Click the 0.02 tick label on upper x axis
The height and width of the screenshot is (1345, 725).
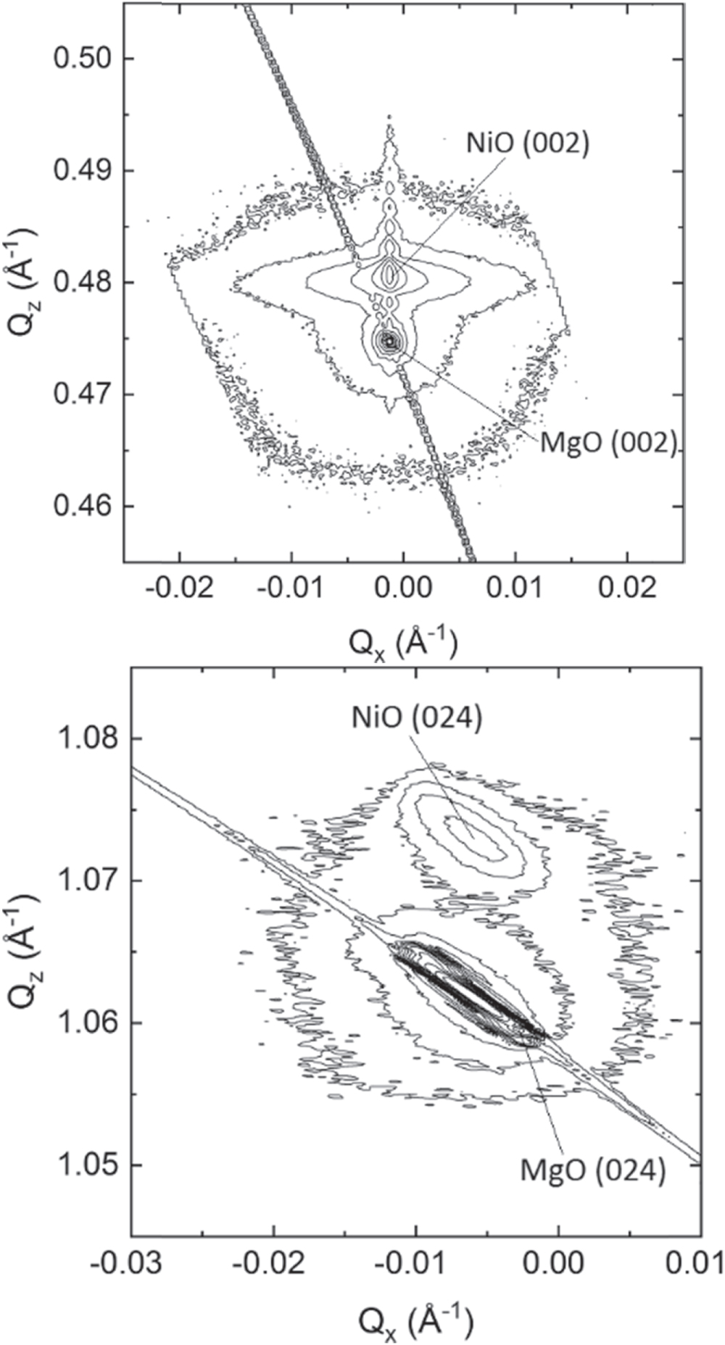(626, 588)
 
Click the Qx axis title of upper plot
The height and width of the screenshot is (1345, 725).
(404, 643)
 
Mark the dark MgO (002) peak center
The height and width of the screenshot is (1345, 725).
(391, 339)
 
